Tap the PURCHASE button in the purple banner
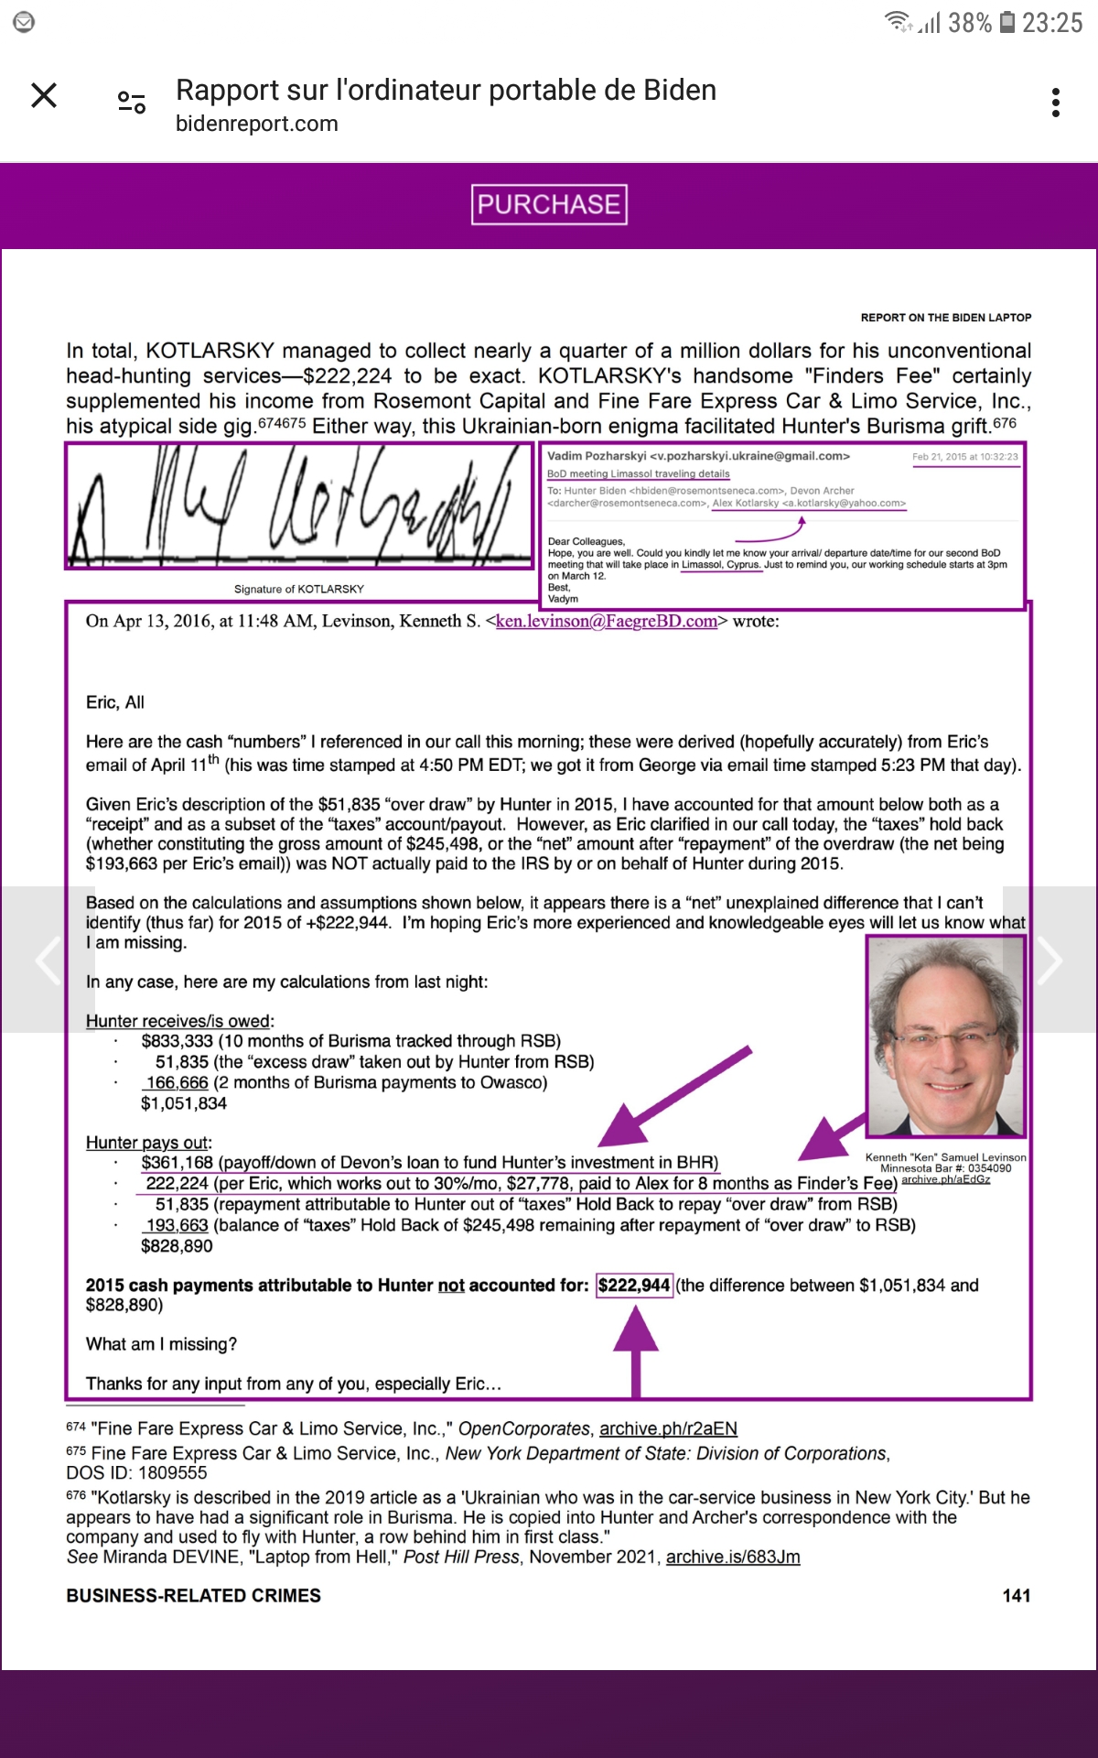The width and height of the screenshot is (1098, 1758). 549,204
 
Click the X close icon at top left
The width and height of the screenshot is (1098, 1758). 44,95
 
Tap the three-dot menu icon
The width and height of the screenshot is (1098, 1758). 1056,103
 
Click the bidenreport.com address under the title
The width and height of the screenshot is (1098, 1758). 257,124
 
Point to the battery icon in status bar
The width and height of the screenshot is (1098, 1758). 1006,22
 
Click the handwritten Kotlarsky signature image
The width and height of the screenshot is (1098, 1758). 299,505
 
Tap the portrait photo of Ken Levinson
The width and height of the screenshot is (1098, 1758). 946,1037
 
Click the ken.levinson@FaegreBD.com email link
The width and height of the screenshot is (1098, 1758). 606,621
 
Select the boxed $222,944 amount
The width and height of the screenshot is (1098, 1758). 634,1286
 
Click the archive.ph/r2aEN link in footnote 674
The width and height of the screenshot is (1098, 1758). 668,1428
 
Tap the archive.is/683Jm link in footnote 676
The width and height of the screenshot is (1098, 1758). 733,1557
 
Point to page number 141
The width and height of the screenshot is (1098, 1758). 1017,1596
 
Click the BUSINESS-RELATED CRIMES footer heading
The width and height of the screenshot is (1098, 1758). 193,1596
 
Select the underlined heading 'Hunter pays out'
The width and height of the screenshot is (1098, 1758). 147,1143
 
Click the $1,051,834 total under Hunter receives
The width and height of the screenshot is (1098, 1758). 184,1103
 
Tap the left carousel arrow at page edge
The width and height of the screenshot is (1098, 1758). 46,960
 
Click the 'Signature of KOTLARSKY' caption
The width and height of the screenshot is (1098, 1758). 299,589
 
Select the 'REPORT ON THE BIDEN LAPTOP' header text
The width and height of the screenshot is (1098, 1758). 945,318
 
